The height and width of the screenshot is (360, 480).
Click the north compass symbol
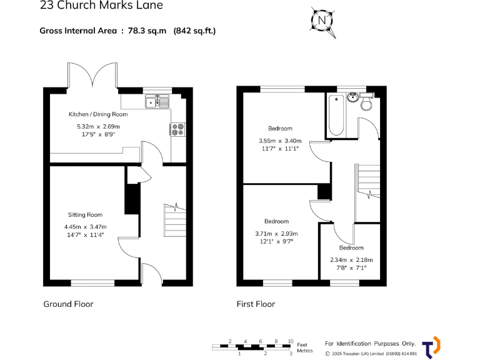pyautogui.click(x=322, y=21)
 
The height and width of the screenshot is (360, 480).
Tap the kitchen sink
pyautogui.click(x=157, y=102)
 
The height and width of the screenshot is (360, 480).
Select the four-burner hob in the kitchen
pyautogui.click(x=178, y=129)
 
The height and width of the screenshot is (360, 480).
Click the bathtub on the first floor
pyautogui.click(x=336, y=115)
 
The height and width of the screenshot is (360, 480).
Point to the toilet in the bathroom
pyautogui.click(x=366, y=102)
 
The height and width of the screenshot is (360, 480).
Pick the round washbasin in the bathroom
pyautogui.click(x=352, y=97)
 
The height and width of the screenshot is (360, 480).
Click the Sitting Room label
pyautogui.click(x=85, y=215)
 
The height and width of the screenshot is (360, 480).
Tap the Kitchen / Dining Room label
pyautogui.click(x=98, y=114)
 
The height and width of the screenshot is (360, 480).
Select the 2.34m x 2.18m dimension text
pyautogui.click(x=351, y=260)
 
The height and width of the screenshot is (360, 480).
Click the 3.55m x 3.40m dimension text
pyautogui.click(x=280, y=141)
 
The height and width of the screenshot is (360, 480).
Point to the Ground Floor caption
pyautogui.click(x=68, y=304)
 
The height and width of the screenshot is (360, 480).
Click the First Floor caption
pyautogui.click(x=256, y=304)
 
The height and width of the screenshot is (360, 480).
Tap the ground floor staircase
pyautogui.click(x=175, y=220)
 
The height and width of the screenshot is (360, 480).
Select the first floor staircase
pyautogui.click(x=367, y=181)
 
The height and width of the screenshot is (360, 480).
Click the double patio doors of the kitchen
pyautogui.click(x=92, y=75)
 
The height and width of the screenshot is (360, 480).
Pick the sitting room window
pyautogui.click(x=92, y=283)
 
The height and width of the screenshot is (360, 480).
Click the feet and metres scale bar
pyautogui.click(x=251, y=347)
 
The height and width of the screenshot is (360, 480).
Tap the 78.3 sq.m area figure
pyautogui.click(x=147, y=31)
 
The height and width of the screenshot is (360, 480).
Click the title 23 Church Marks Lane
pyautogui.click(x=101, y=5)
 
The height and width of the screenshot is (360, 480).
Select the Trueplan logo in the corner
pyautogui.click(x=431, y=347)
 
